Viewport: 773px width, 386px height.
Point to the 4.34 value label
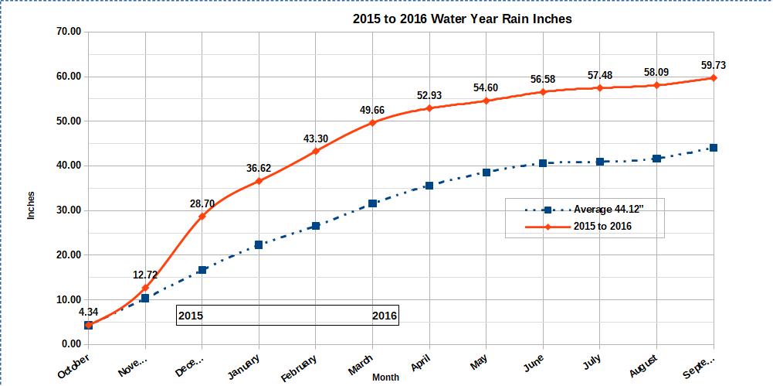pyautogui.click(x=89, y=312)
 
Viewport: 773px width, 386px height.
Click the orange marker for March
pyautogui.click(x=372, y=123)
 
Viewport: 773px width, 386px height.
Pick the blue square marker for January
pyautogui.click(x=259, y=244)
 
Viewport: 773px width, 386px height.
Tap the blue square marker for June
pyautogui.click(x=543, y=163)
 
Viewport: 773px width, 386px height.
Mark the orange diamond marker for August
pyautogui.click(x=656, y=85)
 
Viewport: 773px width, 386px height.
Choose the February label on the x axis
pyautogui.click(x=300, y=367)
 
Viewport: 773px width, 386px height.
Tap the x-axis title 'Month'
pyautogui.click(x=385, y=377)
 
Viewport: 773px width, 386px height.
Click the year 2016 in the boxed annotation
pyautogui.click(x=384, y=316)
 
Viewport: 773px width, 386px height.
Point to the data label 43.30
pyautogui.click(x=316, y=138)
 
